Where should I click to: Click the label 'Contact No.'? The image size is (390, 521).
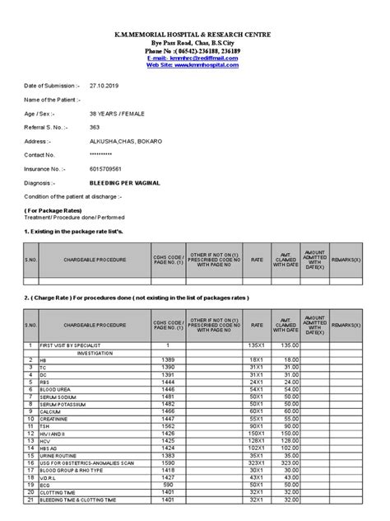click(x=41, y=155)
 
